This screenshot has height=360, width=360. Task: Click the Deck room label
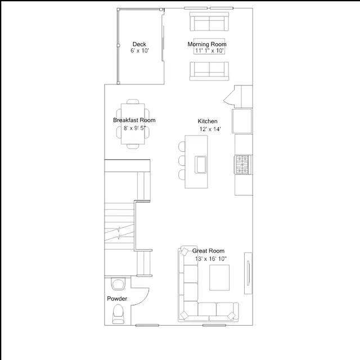(x=139, y=44)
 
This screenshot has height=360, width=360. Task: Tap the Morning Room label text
(x=207, y=44)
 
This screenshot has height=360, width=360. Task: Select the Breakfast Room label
(x=134, y=120)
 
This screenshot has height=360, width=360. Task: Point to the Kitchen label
(x=208, y=121)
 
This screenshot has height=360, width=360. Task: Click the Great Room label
(x=208, y=251)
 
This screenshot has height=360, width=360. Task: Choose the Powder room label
(x=117, y=299)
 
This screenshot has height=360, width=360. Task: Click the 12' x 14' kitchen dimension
(x=210, y=129)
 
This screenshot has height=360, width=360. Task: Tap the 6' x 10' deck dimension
(x=140, y=51)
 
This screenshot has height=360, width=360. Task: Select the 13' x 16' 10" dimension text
(x=211, y=259)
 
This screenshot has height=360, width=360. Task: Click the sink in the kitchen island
(x=200, y=164)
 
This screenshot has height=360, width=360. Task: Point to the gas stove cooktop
(x=242, y=164)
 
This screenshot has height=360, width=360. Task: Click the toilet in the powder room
(x=118, y=314)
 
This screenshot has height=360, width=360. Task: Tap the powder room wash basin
(x=118, y=283)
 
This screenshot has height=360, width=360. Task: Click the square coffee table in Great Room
(x=219, y=277)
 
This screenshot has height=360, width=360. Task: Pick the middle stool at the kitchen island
(x=182, y=160)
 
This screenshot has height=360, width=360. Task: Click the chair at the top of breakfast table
(x=133, y=101)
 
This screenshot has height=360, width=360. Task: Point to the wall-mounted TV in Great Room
(x=248, y=273)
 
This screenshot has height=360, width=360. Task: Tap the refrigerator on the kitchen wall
(x=242, y=121)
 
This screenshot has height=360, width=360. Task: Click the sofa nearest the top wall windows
(x=209, y=21)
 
